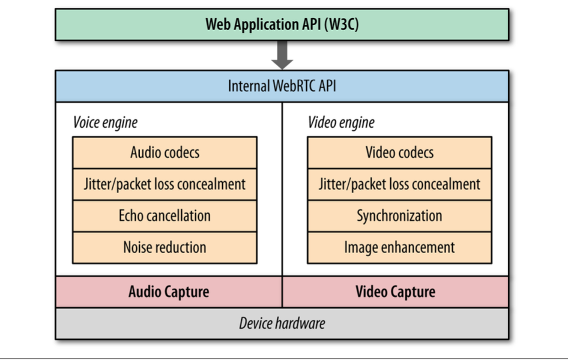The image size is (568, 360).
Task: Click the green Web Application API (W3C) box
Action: coord(282,25)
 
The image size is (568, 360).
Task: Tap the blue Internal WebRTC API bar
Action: coord(282,86)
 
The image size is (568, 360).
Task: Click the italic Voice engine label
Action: coord(105,122)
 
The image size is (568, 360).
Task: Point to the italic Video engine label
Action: coord(340,122)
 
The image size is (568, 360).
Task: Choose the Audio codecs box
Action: coord(165,152)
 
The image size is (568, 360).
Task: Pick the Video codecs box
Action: coord(399,152)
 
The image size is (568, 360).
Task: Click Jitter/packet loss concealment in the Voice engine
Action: coord(165,184)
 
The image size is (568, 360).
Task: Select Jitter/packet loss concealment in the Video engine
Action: coord(399,184)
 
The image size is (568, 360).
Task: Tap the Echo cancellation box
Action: coord(165,215)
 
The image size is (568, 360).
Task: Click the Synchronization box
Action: coord(399,215)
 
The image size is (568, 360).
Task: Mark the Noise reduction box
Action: coord(165,247)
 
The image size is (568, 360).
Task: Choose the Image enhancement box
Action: coord(399,247)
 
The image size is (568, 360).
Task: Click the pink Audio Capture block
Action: coord(169,292)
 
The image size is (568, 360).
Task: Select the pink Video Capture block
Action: coord(395,292)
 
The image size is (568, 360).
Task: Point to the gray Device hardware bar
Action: coord(282,324)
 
